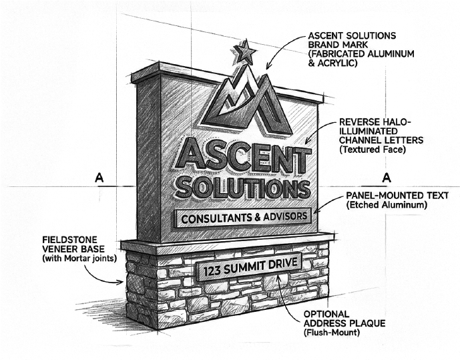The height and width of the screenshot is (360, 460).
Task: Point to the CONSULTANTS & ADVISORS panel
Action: coord(243,217)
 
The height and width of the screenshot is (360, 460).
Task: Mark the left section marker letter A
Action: coord(99,178)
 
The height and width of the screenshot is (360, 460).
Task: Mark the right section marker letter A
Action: coord(385,178)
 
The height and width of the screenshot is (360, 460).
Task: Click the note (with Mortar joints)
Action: coord(79,258)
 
